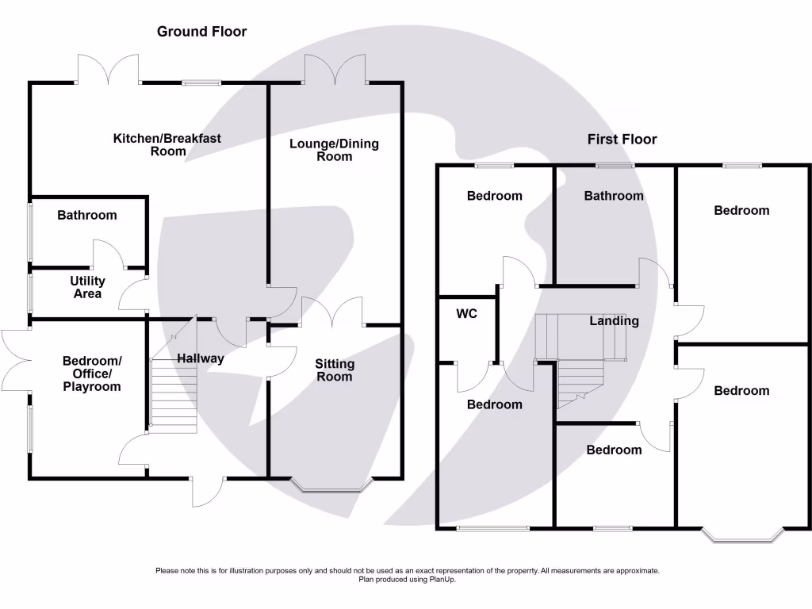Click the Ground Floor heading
[202, 32]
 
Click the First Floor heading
[622, 140]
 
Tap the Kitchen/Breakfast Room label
[167, 145]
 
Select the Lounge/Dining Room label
[334, 150]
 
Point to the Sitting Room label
[335, 370]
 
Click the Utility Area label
[87, 287]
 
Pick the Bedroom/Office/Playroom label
[92, 373]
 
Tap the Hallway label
[201, 358]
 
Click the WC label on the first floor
[466, 313]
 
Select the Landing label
[615, 321]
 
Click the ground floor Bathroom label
[87, 215]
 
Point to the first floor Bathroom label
[614, 196]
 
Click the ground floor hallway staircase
[174, 396]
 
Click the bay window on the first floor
[742, 535]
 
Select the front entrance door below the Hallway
[208, 491]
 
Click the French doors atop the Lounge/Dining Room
[335, 70]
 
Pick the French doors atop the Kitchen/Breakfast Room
[108, 70]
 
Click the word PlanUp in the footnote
[442, 580]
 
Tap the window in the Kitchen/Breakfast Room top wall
[202, 82]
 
